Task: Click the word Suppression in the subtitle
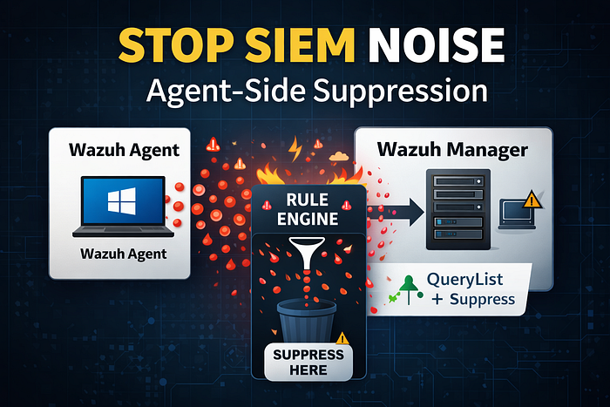(401, 92)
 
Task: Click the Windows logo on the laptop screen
(122, 201)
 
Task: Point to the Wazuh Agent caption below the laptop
(124, 254)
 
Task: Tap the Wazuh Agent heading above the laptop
(124, 150)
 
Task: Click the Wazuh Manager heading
(452, 150)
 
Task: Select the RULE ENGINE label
(308, 209)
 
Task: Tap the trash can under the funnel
(307, 321)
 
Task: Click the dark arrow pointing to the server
(396, 212)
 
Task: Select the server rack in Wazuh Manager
(457, 209)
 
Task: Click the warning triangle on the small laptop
(532, 200)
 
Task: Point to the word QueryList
(464, 280)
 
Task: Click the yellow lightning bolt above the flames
(295, 148)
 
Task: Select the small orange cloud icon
(338, 156)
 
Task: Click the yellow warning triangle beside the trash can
(342, 338)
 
